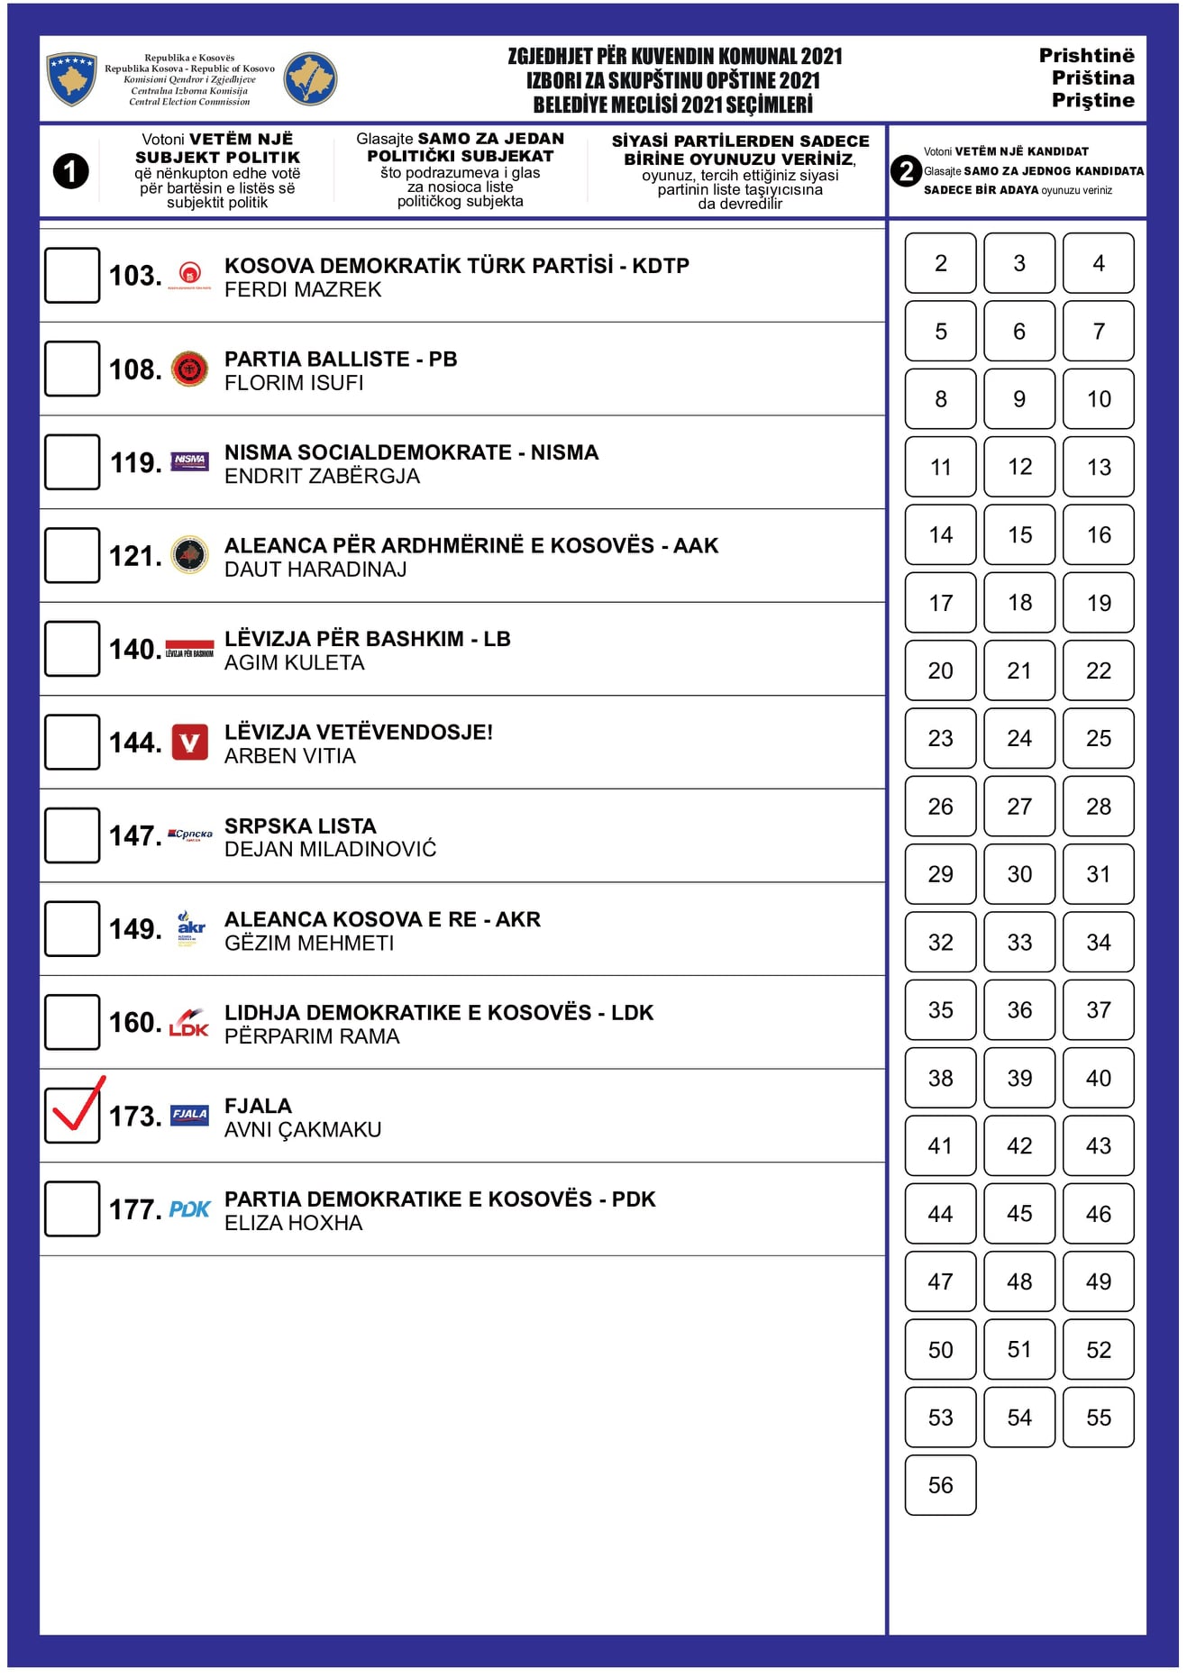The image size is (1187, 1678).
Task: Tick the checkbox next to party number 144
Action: pyautogui.click(x=72, y=742)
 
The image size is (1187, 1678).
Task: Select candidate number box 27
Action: pyautogui.click(x=1019, y=807)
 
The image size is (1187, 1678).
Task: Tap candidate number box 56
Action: pyautogui.click(x=940, y=1485)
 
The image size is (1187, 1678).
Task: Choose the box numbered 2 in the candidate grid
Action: pyautogui.click(x=940, y=263)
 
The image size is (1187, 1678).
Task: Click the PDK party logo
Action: pyautogui.click(x=190, y=1209)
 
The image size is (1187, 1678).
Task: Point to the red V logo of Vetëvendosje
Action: pyautogui.click(x=190, y=743)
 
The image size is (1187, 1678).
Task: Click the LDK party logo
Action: pyautogui.click(x=189, y=1023)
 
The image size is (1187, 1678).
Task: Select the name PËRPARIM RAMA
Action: pyautogui.click(x=312, y=1036)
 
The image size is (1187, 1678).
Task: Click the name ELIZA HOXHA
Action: pyautogui.click(x=294, y=1223)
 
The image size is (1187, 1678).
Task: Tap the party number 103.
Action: pyautogui.click(x=135, y=276)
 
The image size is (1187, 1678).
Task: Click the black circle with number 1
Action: pyautogui.click(x=71, y=171)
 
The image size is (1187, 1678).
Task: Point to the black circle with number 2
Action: pyautogui.click(x=906, y=171)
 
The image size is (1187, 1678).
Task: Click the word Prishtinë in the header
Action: pyautogui.click(x=1086, y=56)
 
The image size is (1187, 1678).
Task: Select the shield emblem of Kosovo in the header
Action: pyautogui.click(x=72, y=78)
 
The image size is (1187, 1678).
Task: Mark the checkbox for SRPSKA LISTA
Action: pyautogui.click(x=72, y=835)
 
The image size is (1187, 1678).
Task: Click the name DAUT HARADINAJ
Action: pyautogui.click(x=315, y=570)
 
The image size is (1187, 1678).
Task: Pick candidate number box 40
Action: pyautogui.click(x=1098, y=1078)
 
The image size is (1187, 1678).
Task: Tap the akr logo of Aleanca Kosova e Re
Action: pyautogui.click(x=190, y=928)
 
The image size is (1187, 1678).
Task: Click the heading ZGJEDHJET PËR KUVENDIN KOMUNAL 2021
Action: pyautogui.click(x=674, y=57)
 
